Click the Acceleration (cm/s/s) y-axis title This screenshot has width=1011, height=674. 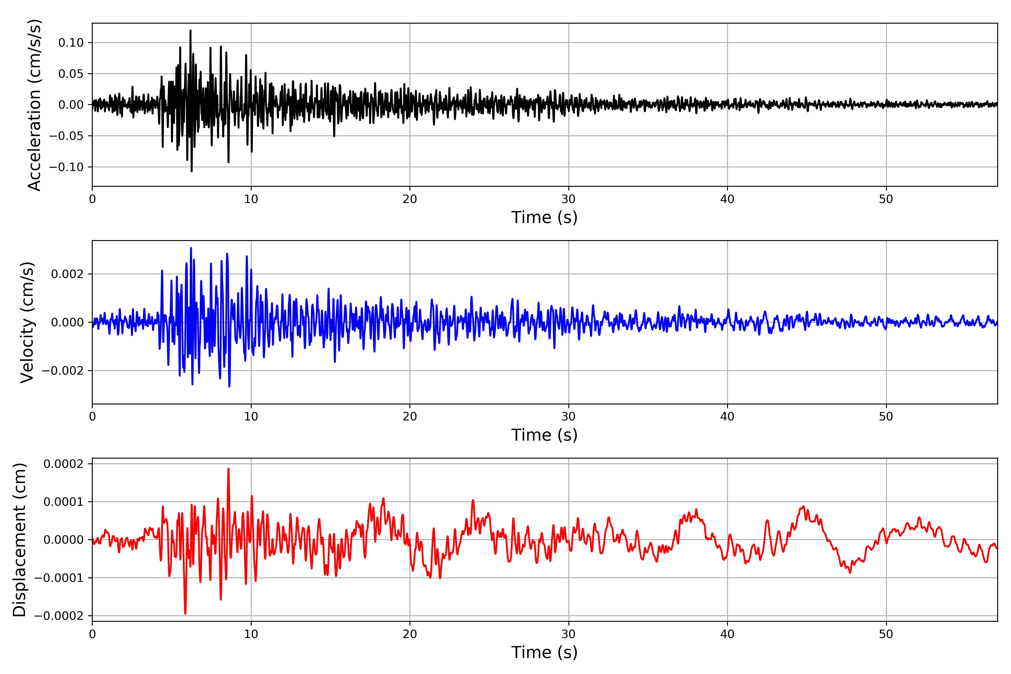click(x=34, y=104)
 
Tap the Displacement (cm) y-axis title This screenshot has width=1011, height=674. click(x=19, y=539)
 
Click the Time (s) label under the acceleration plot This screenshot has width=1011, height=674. click(x=544, y=217)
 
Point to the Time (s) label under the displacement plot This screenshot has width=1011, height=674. click(x=544, y=652)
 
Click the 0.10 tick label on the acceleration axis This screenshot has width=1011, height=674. click(x=71, y=43)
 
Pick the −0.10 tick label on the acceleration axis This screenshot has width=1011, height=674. click(x=66, y=167)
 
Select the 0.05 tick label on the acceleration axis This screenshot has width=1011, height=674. click(x=71, y=74)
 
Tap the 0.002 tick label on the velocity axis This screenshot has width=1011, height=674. click(x=67, y=274)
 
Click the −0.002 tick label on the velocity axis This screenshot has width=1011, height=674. click(x=62, y=370)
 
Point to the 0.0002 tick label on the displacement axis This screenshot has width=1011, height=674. click(x=63, y=464)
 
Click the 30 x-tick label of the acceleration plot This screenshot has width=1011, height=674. click(x=568, y=199)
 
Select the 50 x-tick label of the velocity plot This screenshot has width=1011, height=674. click(x=886, y=416)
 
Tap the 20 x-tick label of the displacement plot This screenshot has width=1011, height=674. click(x=410, y=634)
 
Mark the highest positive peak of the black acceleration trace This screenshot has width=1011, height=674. click(x=190, y=31)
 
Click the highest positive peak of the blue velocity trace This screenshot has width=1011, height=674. click(x=191, y=248)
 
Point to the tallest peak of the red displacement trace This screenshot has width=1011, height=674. click(x=228, y=468)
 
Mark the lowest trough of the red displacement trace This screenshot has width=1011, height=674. click(x=185, y=613)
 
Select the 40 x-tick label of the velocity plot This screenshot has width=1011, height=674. click(x=727, y=416)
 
